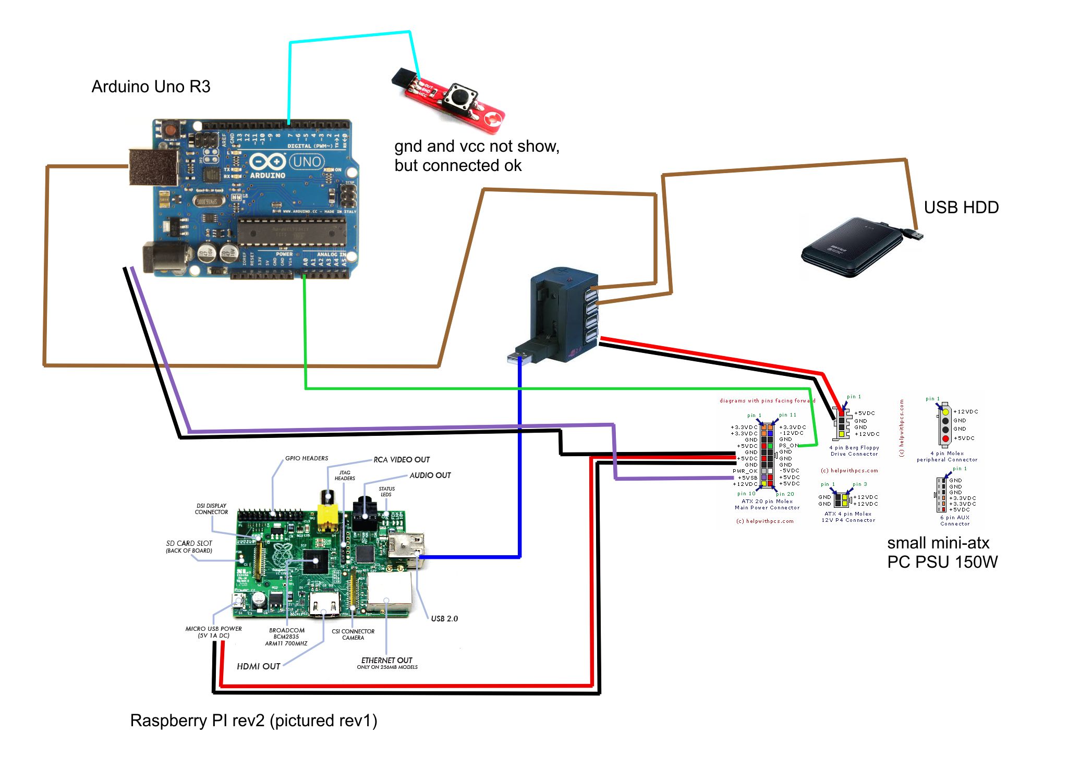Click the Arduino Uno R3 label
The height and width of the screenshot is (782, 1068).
click(151, 87)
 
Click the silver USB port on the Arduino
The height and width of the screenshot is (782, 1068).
click(152, 167)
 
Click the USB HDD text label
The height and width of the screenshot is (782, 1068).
click(961, 207)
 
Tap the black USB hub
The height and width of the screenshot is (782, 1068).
click(563, 313)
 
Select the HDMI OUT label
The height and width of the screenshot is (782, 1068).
click(259, 666)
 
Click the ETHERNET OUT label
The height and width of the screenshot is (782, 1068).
click(386, 661)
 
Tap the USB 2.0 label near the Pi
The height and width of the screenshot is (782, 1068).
click(444, 619)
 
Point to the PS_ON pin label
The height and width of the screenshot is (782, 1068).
click(788, 446)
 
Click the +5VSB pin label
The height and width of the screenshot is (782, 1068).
click(747, 478)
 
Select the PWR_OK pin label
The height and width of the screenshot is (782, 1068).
click(745, 471)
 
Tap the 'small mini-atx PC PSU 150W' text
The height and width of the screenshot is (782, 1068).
click(941, 553)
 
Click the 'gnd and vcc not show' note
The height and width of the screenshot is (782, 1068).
click(476, 156)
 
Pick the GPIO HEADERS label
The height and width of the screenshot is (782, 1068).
click(307, 458)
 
